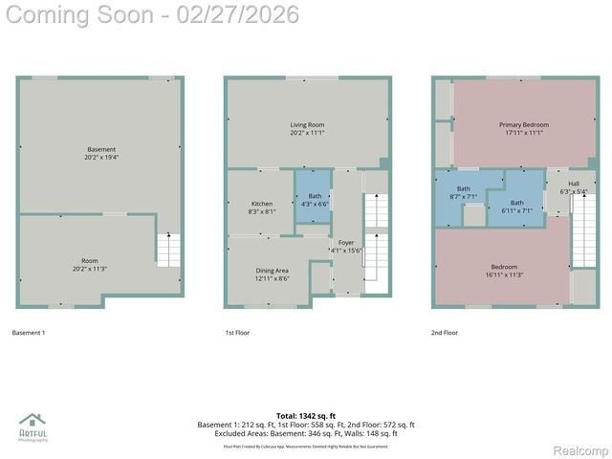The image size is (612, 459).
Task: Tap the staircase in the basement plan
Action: (168, 251)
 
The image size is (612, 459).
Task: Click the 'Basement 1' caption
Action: (29, 333)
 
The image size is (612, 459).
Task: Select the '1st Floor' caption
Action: (236, 333)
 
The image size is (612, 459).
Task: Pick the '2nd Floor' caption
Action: (445, 333)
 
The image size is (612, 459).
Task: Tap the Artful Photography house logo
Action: (33, 422)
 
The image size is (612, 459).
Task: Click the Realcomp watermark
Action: (581, 450)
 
